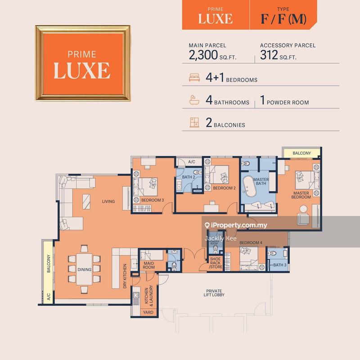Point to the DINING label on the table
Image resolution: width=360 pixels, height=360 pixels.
(84, 270)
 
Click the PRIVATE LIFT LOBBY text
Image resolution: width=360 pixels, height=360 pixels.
(213, 292)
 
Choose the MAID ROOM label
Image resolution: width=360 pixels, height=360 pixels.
(148, 265)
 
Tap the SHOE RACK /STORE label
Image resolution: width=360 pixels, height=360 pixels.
(216, 263)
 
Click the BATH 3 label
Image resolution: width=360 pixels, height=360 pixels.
(279, 265)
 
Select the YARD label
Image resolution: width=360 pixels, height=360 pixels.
(148, 312)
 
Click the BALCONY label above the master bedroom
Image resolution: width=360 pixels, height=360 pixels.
(301, 153)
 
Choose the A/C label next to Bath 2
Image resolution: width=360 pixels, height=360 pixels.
(191, 162)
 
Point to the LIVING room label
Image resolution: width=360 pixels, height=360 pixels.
(108, 202)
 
